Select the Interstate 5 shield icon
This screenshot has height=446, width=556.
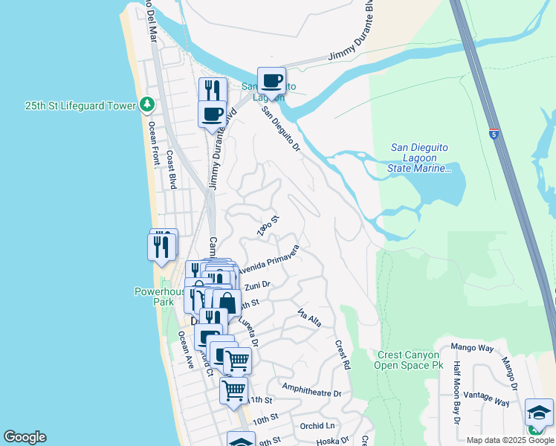[494, 134]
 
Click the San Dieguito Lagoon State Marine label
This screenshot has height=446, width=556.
[420, 158]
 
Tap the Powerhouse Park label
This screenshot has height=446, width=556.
[158, 297]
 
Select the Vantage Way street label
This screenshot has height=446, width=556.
[486, 398]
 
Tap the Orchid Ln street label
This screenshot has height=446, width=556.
[317, 426]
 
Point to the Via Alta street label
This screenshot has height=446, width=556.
[309, 317]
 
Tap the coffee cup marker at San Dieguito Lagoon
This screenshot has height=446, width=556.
[271, 80]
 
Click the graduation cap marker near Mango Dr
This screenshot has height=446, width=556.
[539, 413]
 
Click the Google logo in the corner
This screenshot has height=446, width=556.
[25, 437]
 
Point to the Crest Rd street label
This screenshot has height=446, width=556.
[343, 355]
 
